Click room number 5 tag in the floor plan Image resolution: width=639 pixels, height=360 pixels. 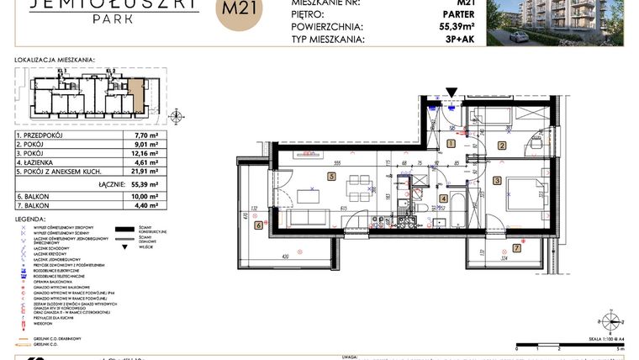point(331,177)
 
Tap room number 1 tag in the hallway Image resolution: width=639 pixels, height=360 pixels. point(451,144)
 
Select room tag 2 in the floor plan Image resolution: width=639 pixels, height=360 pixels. point(502,146)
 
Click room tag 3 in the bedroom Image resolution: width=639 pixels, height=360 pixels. point(497,180)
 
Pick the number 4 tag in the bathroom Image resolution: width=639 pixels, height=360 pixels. point(443,199)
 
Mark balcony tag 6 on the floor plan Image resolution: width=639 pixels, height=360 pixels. point(258,225)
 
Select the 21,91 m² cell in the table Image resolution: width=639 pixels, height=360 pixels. point(147,172)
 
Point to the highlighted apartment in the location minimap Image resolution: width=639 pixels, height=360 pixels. point(136,95)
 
